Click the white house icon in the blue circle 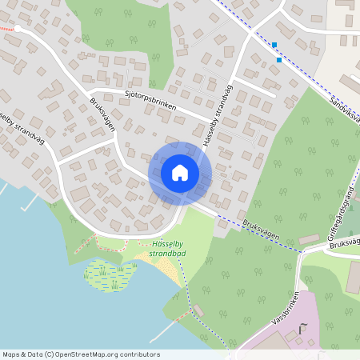[179, 173]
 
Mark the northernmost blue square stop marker [274, 45]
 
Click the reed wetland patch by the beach [108, 274]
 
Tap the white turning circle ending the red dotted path [18, 28]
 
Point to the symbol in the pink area [302, 329]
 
